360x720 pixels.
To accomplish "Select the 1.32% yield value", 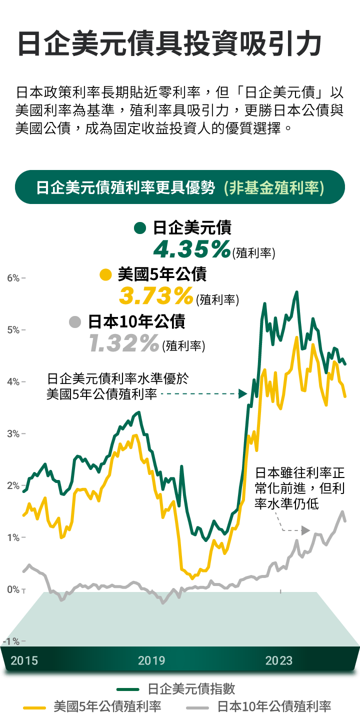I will click(x=124, y=343).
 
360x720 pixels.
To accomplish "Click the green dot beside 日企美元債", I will click(x=140, y=228).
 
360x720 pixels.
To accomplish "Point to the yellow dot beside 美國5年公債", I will click(x=105, y=274).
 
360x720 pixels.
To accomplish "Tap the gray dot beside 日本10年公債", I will click(x=75, y=321).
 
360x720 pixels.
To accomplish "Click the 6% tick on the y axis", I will click(x=13, y=278).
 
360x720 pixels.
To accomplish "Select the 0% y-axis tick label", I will click(x=13, y=590).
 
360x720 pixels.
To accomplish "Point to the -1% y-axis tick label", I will click(x=11, y=641).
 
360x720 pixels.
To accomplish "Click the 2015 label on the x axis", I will click(x=24, y=660).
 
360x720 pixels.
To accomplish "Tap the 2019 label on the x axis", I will click(x=151, y=660).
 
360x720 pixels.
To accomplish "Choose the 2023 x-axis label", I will click(x=279, y=660).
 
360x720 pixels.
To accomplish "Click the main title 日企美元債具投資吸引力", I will click(x=169, y=44).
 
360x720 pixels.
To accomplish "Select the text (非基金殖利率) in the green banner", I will click(x=274, y=187).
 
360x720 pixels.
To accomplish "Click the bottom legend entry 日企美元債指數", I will click(x=191, y=689).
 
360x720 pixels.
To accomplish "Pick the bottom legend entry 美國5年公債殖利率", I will click(x=107, y=707).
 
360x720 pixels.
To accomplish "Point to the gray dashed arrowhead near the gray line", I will click(x=305, y=530).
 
